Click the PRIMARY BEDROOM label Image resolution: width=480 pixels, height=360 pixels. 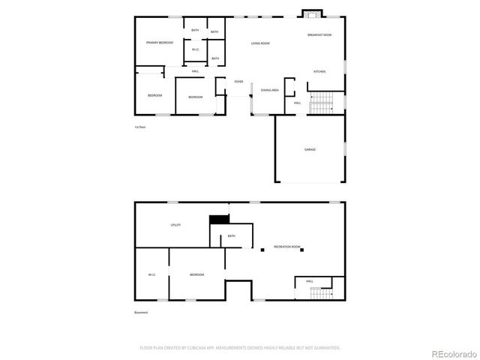[x=160, y=43]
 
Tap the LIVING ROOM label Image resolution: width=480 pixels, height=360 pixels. [x=260, y=43]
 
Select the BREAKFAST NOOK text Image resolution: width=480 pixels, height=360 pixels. [x=320, y=35]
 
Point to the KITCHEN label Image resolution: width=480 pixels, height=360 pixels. [x=319, y=72]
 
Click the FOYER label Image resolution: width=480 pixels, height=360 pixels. [x=238, y=82]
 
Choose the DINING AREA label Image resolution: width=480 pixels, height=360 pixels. [x=270, y=91]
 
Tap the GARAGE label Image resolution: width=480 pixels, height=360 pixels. [x=310, y=149]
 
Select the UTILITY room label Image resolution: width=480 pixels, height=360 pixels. [x=175, y=225]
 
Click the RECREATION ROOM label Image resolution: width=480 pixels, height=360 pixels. [x=287, y=247]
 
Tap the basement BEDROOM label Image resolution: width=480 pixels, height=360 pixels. [x=196, y=275]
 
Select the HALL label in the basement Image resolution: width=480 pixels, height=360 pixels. [x=310, y=281]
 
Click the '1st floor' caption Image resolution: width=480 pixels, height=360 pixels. [x=139, y=127]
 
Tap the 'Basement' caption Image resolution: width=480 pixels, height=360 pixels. [x=141, y=313]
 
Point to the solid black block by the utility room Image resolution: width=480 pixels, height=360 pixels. [x=218, y=219]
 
